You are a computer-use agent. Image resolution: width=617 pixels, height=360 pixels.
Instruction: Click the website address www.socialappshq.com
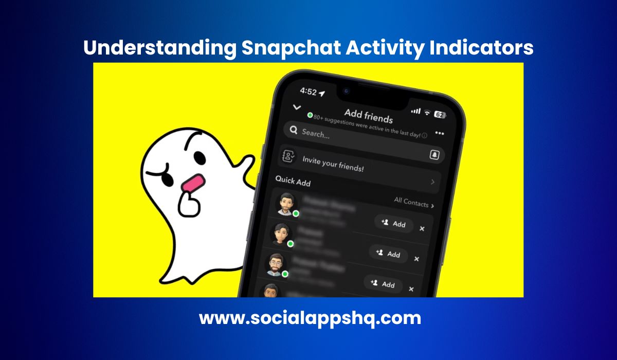coord(310,318)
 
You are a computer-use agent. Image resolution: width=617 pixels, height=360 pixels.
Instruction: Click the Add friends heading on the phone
coord(368,116)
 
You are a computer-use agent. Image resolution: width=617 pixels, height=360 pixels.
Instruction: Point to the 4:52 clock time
coord(308,91)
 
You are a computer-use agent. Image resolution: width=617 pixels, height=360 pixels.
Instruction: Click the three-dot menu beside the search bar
coord(439,133)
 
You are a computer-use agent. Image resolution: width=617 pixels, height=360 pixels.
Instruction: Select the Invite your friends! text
coord(333,164)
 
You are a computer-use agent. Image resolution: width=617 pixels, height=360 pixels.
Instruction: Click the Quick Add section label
coord(293,181)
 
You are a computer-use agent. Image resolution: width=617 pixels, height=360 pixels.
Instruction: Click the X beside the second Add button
coord(416,259)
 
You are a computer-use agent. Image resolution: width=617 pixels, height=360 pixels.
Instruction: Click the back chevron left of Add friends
coord(296,107)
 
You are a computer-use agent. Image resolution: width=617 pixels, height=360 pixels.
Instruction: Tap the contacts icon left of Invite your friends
coord(288,156)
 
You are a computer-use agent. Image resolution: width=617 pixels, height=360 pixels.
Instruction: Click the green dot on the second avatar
coord(290,243)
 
